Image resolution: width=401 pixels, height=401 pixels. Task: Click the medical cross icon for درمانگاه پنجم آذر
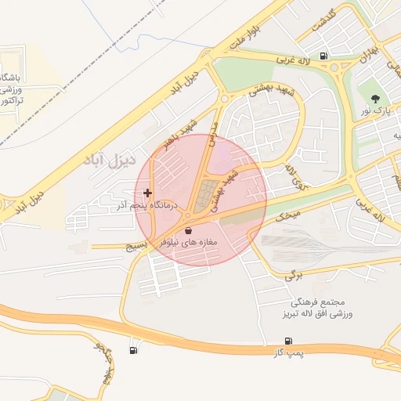tap(147, 193)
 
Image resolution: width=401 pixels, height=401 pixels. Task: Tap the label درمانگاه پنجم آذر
tap(147, 205)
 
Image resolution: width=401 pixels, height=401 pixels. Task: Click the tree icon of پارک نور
tap(375, 99)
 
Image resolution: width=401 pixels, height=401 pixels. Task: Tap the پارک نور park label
tap(375, 112)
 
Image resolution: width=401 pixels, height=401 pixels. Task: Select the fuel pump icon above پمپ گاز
tap(289, 341)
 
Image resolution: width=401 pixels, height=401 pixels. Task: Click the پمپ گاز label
tap(288, 354)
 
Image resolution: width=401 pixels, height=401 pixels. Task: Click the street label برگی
tap(292, 274)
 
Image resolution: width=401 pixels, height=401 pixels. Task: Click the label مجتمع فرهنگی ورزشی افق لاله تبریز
tap(316, 308)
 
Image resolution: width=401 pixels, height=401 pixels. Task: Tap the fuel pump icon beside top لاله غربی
tap(325, 55)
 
